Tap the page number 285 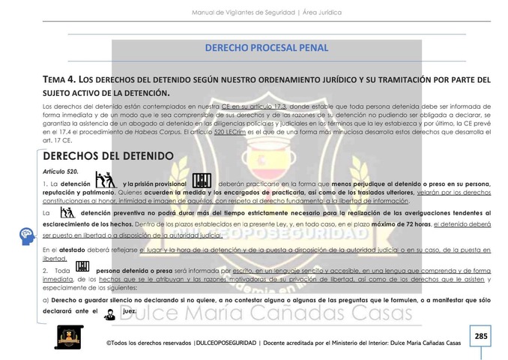(x=480, y=336)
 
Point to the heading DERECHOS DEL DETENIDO (x=109, y=156)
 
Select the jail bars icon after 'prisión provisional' (x=202, y=181)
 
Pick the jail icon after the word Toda (x=82, y=267)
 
